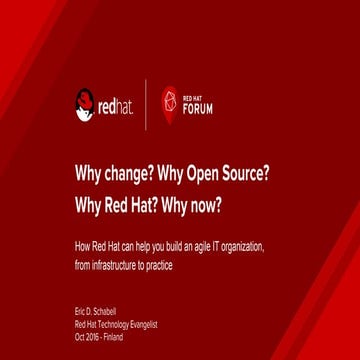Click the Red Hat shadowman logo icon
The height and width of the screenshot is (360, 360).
coord(85,103)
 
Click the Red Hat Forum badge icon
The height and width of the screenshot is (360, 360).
coord(169,103)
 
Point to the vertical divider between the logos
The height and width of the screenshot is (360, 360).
coord(146,104)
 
